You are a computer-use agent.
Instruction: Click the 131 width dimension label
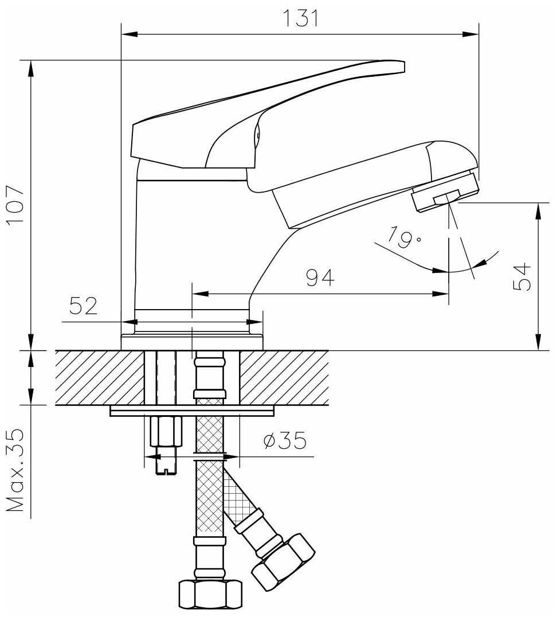(300, 19)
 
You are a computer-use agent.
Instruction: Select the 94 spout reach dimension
(320, 279)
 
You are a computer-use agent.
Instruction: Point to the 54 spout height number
(521, 277)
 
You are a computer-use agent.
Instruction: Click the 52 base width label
(84, 306)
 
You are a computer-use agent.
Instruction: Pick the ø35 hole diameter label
(284, 441)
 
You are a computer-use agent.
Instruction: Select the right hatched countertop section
(284, 377)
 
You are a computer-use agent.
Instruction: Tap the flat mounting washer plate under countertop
(192, 411)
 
